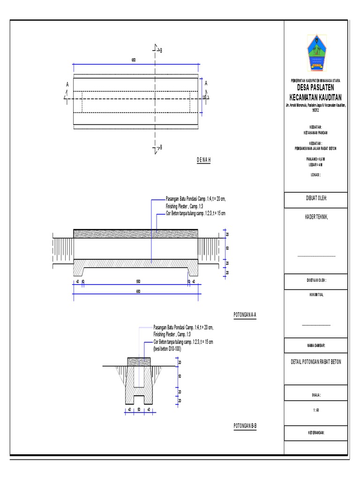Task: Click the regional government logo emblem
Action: (x=316, y=53)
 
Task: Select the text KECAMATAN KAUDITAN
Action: (x=316, y=97)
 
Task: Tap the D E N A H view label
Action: (x=204, y=160)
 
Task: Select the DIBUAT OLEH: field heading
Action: (x=316, y=198)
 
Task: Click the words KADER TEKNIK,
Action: (x=316, y=217)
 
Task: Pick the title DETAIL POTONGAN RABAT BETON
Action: (x=316, y=362)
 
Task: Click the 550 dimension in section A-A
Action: (x=138, y=282)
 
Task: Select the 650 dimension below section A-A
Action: (x=138, y=291)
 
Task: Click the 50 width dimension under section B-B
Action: (x=139, y=409)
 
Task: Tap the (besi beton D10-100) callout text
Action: (x=171, y=348)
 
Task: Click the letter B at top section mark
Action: (x=161, y=50)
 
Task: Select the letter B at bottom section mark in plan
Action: (x=161, y=147)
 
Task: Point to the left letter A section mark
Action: (x=67, y=84)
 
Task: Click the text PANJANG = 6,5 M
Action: (x=316, y=159)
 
